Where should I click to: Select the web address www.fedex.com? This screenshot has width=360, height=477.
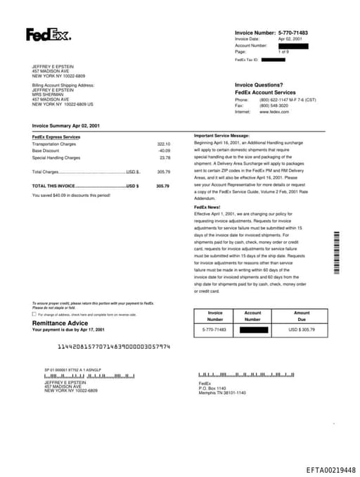[274, 112]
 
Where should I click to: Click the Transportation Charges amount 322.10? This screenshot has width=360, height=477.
[163, 144]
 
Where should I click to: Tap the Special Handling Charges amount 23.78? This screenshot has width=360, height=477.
[165, 158]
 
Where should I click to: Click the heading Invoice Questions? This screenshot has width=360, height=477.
[259, 85]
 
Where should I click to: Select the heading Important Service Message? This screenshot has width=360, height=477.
[221, 135]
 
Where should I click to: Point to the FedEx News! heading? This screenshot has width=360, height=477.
[208, 207]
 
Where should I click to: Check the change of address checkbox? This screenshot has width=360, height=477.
[34, 314]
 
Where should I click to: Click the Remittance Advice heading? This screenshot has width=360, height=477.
[60, 323]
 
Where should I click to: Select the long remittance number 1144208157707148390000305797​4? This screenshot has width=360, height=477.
[113, 347]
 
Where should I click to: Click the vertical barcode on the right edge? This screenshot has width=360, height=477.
[336, 253]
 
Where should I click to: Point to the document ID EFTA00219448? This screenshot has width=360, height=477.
[330, 469]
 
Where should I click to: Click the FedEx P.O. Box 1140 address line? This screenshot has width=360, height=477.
[212, 388]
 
